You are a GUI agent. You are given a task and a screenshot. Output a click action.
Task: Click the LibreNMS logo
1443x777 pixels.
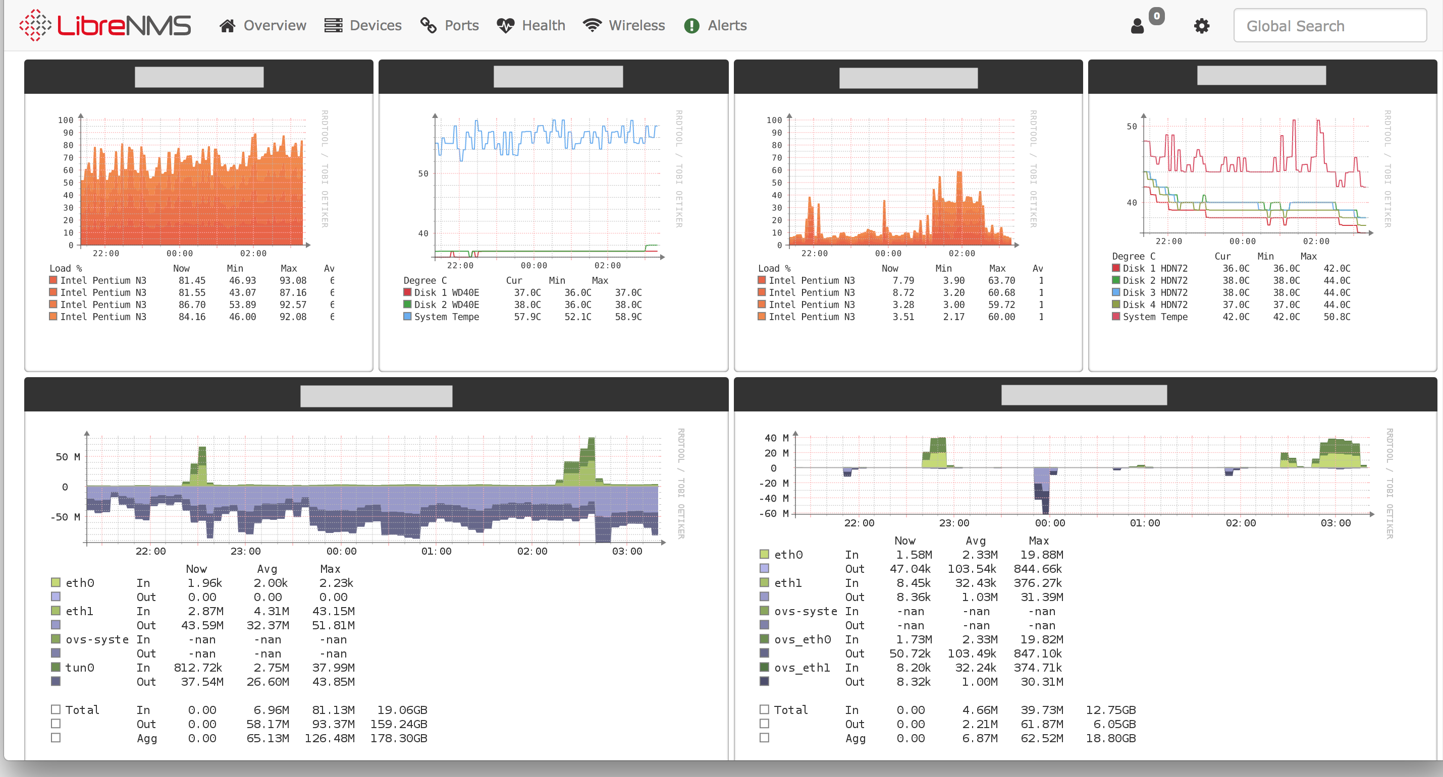(x=105, y=25)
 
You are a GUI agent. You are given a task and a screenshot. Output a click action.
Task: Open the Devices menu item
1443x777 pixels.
(x=363, y=25)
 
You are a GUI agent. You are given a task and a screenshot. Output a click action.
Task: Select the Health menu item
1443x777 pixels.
(x=531, y=25)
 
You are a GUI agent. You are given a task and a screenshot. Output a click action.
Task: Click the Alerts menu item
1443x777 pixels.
(x=715, y=25)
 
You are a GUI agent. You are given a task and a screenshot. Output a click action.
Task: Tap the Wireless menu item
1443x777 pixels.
(x=624, y=25)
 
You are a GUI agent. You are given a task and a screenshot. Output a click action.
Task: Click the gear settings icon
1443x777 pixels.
(x=1201, y=26)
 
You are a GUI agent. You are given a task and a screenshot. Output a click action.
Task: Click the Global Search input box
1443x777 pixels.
(x=1329, y=26)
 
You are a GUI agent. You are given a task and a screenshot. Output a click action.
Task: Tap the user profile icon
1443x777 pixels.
(x=1137, y=26)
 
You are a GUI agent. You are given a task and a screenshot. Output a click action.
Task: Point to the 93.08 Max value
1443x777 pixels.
(x=293, y=280)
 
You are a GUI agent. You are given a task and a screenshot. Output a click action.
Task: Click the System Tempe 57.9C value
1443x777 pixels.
(x=527, y=317)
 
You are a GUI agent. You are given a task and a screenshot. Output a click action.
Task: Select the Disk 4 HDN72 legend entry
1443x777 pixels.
(x=1154, y=305)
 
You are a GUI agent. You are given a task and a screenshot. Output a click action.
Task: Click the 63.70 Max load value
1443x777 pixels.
(x=1001, y=280)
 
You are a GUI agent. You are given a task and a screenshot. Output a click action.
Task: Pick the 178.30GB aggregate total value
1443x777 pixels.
(x=398, y=738)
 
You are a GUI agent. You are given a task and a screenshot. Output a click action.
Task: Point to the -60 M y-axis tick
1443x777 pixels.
(x=776, y=513)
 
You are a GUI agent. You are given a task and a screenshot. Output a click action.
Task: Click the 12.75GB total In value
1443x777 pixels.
(x=1110, y=710)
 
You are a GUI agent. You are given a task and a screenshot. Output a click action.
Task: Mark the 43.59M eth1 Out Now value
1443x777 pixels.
(x=202, y=625)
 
